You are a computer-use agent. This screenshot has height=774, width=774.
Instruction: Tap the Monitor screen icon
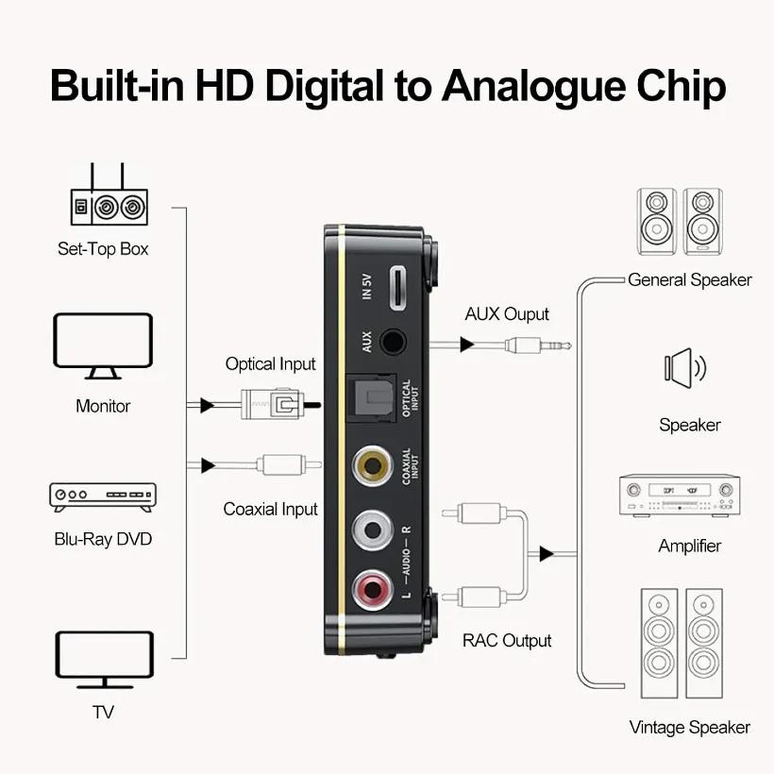(x=103, y=346)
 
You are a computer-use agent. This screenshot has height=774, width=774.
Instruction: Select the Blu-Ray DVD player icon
(x=103, y=496)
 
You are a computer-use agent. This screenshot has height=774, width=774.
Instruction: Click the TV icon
(x=105, y=660)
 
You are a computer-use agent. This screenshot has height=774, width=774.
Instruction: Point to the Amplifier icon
(x=680, y=496)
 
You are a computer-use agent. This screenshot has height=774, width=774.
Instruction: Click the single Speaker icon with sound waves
(x=685, y=368)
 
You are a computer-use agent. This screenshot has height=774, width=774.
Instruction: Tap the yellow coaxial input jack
(x=373, y=465)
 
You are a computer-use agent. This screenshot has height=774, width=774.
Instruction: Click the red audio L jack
(x=373, y=589)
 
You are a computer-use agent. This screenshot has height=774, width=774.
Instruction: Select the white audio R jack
(x=373, y=530)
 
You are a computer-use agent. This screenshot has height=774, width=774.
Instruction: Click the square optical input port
(x=371, y=399)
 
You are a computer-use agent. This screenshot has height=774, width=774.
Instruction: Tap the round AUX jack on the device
(x=393, y=342)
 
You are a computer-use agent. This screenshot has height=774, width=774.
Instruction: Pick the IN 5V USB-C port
(x=398, y=288)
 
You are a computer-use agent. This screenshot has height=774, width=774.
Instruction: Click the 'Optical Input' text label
(x=270, y=364)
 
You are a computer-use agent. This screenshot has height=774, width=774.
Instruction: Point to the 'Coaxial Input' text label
(x=270, y=509)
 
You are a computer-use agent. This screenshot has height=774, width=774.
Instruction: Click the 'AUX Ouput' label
(x=507, y=314)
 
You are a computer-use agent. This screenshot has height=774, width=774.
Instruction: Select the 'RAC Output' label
(x=507, y=641)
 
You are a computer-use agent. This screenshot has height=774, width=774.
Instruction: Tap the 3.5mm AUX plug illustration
(x=538, y=345)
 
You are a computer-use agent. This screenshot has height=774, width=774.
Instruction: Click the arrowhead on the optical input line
(x=207, y=405)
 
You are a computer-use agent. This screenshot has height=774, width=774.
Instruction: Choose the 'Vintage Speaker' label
(x=690, y=728)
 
